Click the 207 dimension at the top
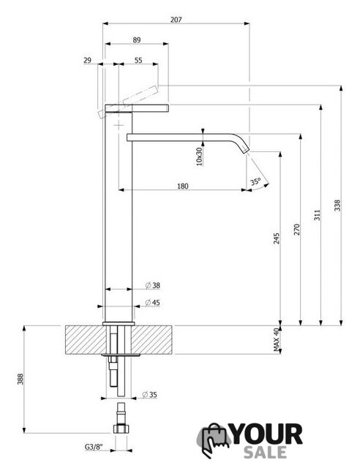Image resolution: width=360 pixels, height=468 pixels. tap(176, 20)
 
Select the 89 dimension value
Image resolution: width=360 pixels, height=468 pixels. tap(137, 39)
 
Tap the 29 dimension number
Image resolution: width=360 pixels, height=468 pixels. tap(87, 60)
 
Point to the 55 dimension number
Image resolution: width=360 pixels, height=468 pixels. tap(138, 60)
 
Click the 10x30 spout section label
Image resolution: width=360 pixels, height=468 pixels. tap(199, 156)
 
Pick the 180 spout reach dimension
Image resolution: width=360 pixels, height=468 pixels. tap(183, 186)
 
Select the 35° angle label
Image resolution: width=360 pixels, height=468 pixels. tap(255, 181)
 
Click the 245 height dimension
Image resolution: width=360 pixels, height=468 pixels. tap(277, 238)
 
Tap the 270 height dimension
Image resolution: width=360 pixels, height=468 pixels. tap(296, 230)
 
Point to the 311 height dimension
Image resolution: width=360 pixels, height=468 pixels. tap(317, 215)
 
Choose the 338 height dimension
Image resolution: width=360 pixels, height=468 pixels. tap(337, 205)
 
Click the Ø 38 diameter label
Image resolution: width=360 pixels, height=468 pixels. tap(153, 286)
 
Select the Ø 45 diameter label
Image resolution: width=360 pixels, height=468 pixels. tap(153, 303)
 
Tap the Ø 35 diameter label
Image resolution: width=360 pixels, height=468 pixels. tap(150, 395)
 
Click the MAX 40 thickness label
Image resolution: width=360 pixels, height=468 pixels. tap(277, 339)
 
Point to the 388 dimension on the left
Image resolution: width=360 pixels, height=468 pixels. tap(20, 379)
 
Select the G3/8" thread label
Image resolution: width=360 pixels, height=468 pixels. tap(94, 447)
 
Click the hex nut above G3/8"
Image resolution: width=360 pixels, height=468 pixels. tap(121, 429)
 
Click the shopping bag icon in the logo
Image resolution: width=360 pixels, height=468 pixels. tap(213, 439)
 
